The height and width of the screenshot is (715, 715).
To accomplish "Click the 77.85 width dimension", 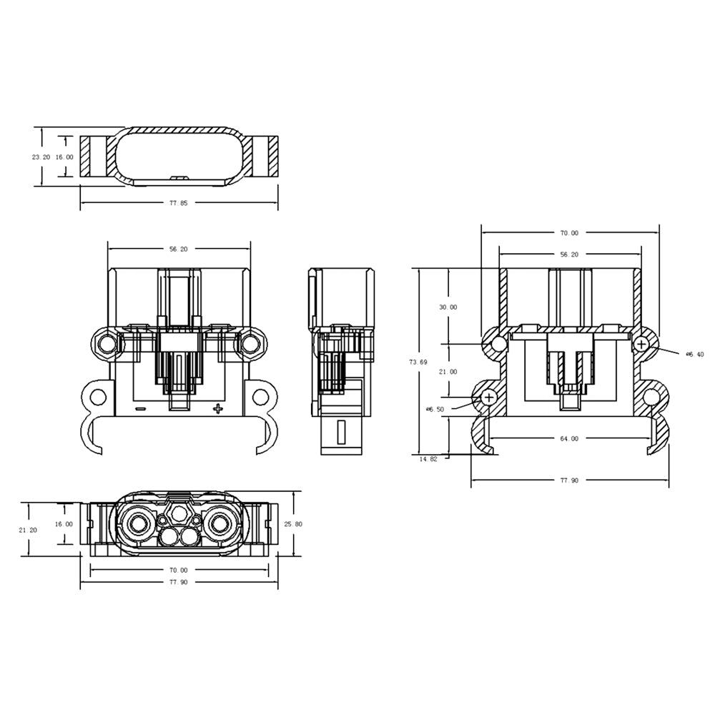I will tap(179, 204).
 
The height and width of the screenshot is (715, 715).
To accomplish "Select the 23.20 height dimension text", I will tap(41, 157).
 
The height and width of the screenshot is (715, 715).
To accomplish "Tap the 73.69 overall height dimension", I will tap(418, 363).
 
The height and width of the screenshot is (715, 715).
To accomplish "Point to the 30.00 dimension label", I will tap(448, 307).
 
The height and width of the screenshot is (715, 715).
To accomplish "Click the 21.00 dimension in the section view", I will tap(448, 372).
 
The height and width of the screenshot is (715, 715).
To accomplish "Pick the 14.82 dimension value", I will tap(428, 459).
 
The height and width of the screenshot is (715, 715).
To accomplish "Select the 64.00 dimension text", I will tap(569, 439).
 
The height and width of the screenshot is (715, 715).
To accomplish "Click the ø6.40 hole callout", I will tap(694, 354).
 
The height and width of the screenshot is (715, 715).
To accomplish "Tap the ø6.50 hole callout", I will tap(435, 410).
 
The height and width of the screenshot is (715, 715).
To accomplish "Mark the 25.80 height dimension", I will tap(293, 524).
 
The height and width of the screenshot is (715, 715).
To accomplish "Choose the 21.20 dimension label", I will tap(29, 530).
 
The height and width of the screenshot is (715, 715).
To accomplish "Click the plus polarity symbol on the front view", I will tap(218, 408).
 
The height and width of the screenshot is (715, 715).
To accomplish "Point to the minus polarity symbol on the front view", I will tap(140, 409).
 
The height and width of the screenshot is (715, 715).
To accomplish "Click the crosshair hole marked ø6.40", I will tap(641, 344).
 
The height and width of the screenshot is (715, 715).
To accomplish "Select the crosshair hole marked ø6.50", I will tap(490, 397).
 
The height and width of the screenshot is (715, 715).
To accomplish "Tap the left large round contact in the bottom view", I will tap(136, 524).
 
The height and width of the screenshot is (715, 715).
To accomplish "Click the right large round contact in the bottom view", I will tap(222, 524).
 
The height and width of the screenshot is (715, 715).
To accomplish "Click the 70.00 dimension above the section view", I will tap(569, 232).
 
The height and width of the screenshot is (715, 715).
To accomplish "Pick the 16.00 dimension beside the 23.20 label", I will tap(64, 157).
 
